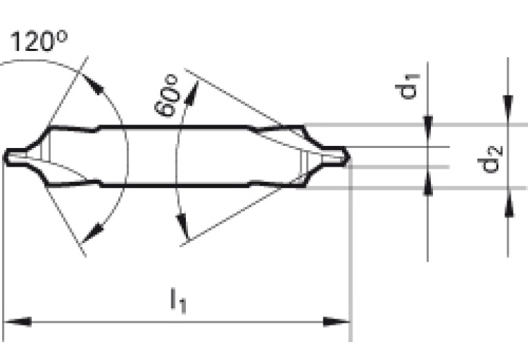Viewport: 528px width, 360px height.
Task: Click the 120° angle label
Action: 39,41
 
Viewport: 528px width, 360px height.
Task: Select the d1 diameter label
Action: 407,86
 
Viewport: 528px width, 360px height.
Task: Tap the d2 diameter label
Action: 490,158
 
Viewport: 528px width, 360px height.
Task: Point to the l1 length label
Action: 178,299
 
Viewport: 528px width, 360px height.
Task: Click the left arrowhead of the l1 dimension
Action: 17,321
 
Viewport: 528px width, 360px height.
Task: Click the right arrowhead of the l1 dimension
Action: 336,321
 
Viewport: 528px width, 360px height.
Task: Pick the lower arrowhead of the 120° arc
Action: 92,233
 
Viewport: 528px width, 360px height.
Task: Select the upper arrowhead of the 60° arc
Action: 191,92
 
